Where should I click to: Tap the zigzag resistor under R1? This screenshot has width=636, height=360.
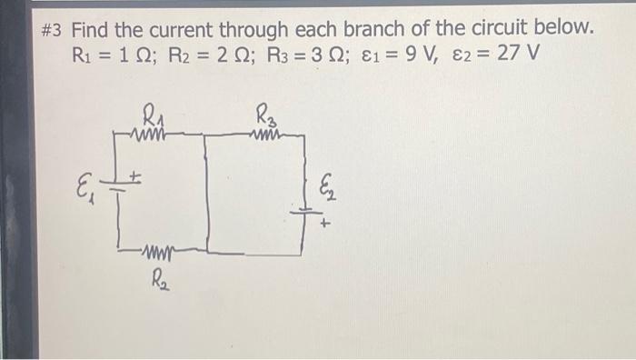149,133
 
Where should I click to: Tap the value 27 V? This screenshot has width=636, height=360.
518,54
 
